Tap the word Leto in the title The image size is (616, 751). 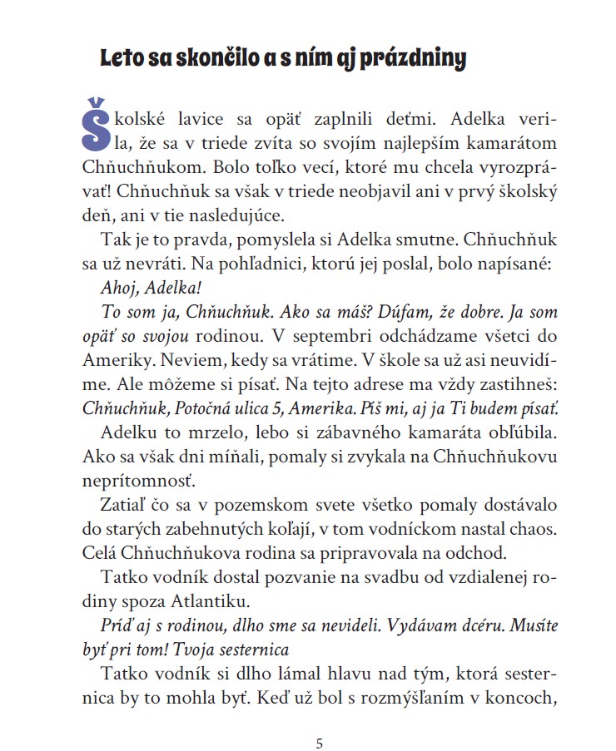coord(122,59)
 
